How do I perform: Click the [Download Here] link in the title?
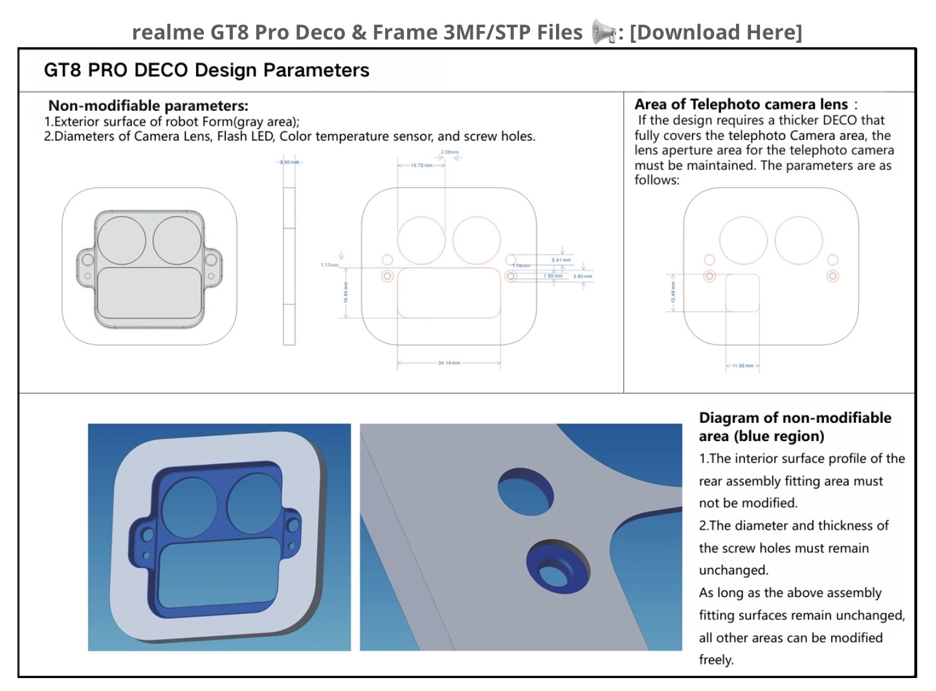click(x=715, y=32)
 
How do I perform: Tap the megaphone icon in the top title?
click(x=603, y=32)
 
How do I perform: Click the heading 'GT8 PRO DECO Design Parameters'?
click(x=206, y=70)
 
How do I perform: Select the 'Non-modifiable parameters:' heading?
click(x=148, y=106)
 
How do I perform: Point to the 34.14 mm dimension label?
click(x=449, y=363)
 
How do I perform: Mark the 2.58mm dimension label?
click(x=449, y=152)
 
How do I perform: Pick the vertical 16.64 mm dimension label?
click(x=346, y=292)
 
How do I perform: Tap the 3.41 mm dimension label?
click(x=561, y=260)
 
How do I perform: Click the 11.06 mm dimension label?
click(x=742, y=366)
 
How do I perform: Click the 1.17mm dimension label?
click(x=329, y=265)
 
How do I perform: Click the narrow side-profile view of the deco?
click(x=289, y=266)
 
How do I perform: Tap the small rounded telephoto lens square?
click(x=742, y=293)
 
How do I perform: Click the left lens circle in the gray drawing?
click(x=122, y=240)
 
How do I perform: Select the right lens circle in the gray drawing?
click(x=177, y=240)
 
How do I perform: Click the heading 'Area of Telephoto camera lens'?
click(x=741, y=104)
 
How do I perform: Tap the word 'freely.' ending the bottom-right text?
click(x=716, y=660)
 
